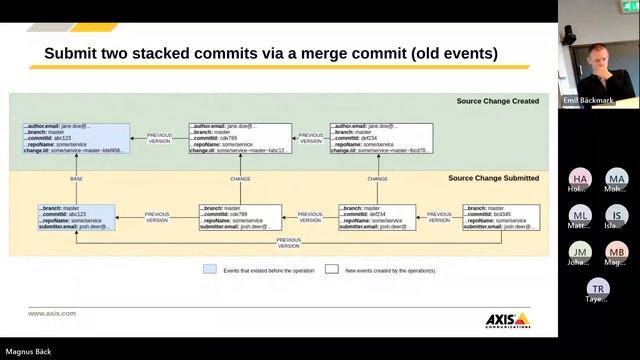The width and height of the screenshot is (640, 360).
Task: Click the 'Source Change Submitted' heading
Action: (493, 177)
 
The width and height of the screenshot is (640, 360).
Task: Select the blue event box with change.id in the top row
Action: (77, 138)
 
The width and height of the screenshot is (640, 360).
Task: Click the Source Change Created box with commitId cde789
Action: (240, 138)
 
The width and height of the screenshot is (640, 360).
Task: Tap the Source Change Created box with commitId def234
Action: (382, 138)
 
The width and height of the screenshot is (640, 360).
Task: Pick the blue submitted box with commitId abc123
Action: (75, 217)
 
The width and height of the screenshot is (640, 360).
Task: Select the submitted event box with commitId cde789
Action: (240, 217)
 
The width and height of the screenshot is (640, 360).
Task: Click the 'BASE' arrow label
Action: (77, 179)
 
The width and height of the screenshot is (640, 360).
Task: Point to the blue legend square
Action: (209, 269)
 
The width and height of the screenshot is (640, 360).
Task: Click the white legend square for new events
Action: (331, 269)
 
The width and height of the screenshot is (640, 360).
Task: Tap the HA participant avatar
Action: (580, 179)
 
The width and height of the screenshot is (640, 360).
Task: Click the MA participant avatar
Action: (616, 179)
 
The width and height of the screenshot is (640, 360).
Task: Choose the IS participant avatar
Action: (616, 216)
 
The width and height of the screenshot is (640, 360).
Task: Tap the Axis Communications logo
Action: (506, 320)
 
